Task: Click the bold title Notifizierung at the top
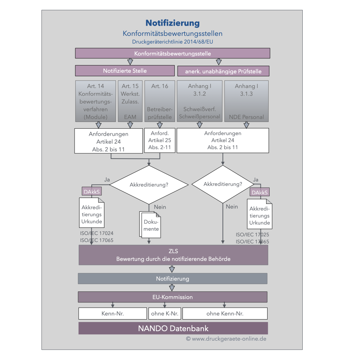(x=173, y=23)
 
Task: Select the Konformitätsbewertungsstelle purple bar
(x=173, y=53)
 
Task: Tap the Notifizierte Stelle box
(x=125, y=71)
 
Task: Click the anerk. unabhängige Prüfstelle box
(x=224, y=71)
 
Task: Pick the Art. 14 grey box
(x=96, y=101)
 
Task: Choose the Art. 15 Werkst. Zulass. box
(x=130, y=101)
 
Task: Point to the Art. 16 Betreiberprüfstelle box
(x=160, y=101)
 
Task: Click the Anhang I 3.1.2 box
(x=200, y=101)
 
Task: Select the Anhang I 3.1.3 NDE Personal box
(x=246, y=101)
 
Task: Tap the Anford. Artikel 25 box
(x=160, y=140)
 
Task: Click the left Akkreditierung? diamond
(x=149, y=185)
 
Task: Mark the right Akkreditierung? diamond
(x=223, y=184)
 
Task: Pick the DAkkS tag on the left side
(x=91, y=192)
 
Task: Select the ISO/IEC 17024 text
(x=97, y=233)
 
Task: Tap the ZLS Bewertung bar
(x=173, y=255)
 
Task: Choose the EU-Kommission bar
(x=173, y=297)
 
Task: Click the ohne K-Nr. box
(x=165, y=314)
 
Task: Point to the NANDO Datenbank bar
(x=173, y=328)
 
